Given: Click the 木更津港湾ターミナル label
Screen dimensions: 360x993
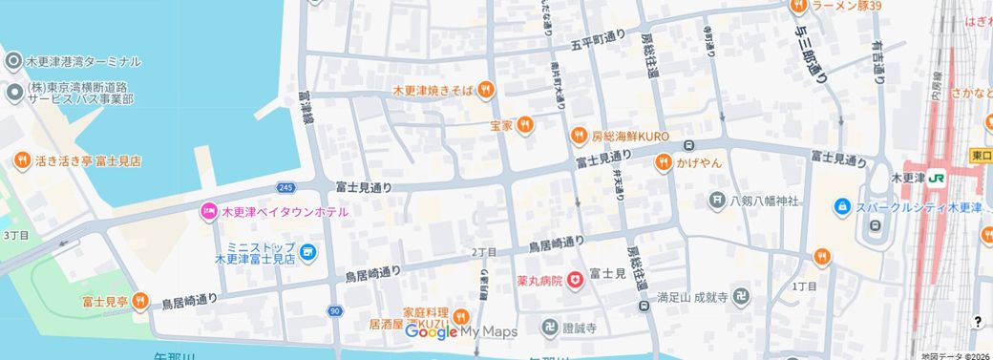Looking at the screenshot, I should pyautogui.click(x=82, y=61).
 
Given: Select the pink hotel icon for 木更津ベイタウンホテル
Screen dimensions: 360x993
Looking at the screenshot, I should pyautogui.click(x=207, y=211).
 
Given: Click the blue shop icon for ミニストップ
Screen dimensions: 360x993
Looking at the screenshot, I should pyautogui.click(x=307, y=252).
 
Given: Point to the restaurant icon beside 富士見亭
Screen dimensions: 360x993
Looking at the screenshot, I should pyautogui.click(x=139, y=302).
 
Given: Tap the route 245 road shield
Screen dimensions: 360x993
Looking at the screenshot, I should pyautogui.click(x=287, y=187).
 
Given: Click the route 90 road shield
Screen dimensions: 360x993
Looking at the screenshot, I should pyautogui.click(x=334, y=311).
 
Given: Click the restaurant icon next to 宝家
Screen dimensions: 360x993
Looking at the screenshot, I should pyautogui.click(x=524, y=126).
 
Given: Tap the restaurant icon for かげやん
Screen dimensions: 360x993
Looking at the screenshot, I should pyautogui.click(x=663, y=164).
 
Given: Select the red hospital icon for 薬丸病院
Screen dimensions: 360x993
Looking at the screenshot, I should pyautogui.click(x=575, y=280).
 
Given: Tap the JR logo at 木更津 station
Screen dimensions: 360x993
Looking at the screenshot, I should pyautogui.click(x=938, y=179).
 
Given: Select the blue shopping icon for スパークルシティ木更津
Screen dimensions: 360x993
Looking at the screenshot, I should pyautogui.click(x=842, y=207).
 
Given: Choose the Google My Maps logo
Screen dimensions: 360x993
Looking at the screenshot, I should pyautogui.click(x=461, y=331).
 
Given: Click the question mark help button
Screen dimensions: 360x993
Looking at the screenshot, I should pyautogui.click(x=977, y=322).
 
